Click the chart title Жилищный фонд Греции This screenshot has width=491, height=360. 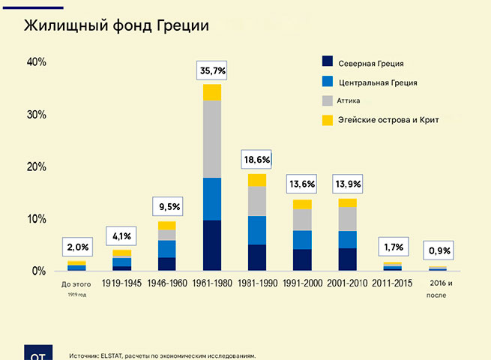click(115, 25)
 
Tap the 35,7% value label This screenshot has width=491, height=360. click(211, 71)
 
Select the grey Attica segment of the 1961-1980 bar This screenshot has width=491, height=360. click(211, 139)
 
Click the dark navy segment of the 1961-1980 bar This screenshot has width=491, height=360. click(211, 245)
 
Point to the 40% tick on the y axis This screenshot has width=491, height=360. click(36, 62)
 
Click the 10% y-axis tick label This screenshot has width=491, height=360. click(36, 219)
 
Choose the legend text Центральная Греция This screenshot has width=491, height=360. click(378, 82)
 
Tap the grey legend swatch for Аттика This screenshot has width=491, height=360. click(327, 100)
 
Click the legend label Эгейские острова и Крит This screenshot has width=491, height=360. click(388, 120)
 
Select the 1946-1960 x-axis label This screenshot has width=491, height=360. click(166, 283)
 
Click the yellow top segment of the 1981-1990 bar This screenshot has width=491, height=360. click(257, 180)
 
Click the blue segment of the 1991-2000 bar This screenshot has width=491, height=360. click(302, 239)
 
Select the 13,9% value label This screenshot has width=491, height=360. click(347, 184)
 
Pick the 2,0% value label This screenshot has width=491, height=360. click(76, 247)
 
